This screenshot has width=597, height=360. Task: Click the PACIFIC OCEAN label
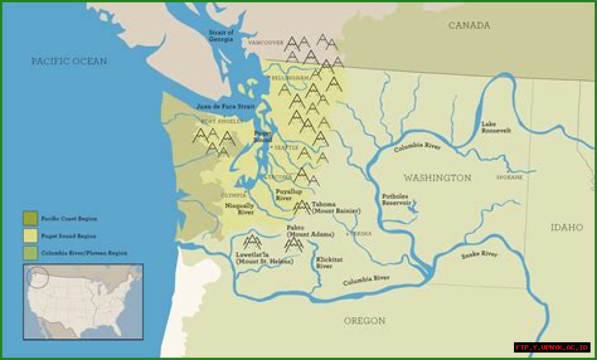(69, 61)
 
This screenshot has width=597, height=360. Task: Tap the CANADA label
(469, 26)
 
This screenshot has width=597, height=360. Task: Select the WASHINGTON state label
(437, 178)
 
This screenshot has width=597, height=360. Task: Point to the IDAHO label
(567, 227)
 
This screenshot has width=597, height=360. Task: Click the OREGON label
(365, 321)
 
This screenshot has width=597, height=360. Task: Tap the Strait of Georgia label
(221, 36)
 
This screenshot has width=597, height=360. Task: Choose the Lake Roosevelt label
(496, 127)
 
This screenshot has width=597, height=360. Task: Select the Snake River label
(479, 255)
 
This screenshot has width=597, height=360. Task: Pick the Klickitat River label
(324, 263)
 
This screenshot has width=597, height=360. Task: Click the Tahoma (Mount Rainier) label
(336, 208)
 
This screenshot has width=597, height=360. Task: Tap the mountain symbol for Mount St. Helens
(252, 242)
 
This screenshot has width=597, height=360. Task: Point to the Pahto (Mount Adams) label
(310, 231)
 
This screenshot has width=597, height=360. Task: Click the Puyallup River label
(289, 195)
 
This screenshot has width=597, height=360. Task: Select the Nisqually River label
(240, 208)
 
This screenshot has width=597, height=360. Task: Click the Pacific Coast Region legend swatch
(30, 218)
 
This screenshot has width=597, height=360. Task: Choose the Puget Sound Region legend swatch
(30, 236)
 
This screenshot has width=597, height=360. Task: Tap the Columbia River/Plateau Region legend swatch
(30, 253)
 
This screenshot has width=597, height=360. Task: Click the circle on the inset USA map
(38, 277)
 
